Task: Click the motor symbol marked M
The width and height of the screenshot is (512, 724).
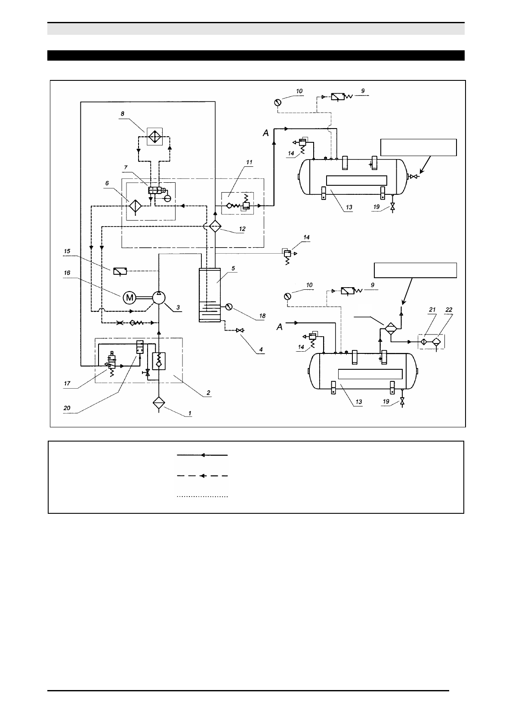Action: (129, 297)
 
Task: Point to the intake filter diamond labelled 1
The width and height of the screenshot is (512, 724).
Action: (159, 403)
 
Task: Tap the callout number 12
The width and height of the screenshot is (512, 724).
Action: (242, 229)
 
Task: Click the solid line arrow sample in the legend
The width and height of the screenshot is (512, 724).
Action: (202, 455)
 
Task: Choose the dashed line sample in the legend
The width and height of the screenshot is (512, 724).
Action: (202, 476)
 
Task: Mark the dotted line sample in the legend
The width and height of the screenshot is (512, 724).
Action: (202, 497)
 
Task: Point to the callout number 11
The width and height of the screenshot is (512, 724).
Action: (250, 163)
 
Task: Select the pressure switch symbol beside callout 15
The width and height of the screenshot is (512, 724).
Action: (120, 271)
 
